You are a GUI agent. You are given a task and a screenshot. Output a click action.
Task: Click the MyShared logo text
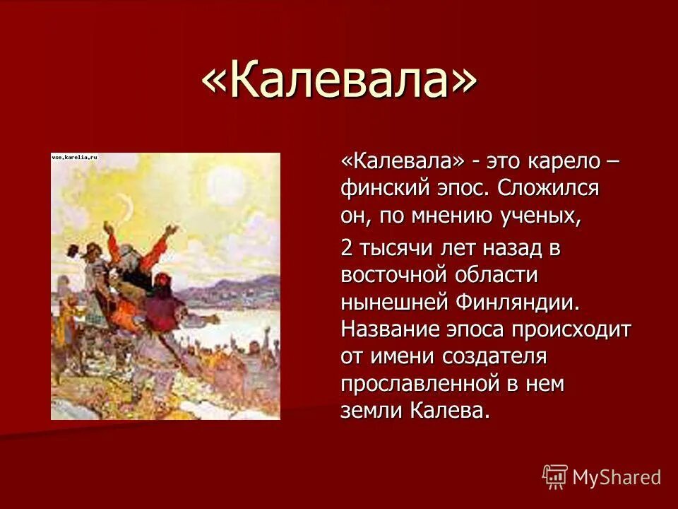[617, 477]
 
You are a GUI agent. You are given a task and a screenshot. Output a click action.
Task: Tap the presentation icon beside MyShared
[555, 477]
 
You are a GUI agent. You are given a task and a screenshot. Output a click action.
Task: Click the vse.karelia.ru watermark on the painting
[74, 158]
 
